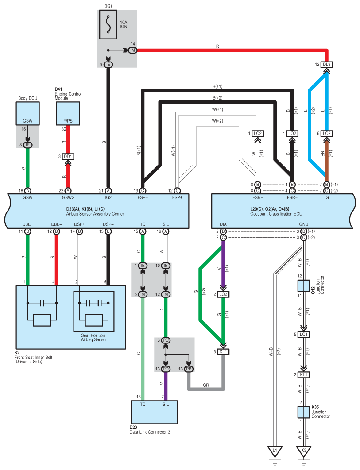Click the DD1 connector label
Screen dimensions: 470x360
(x=68, y=156)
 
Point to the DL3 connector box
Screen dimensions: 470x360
(x=326, y=64)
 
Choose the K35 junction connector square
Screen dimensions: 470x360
(x=303, y=412)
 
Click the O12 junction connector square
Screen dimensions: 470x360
(x=303, y=285)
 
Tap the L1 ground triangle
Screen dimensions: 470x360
(x=275, y=451)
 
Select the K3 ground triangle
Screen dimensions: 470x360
(x=303, y=451)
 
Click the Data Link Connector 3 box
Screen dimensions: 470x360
(x=154, y=412)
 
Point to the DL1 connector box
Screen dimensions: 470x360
(x=224, y=352)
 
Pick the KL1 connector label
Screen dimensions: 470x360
(x=303, y=375)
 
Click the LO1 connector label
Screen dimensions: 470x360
(x=303, y=334)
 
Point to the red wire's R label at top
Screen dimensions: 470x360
(x=217, y=46)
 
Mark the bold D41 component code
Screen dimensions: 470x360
(x=59, y=89)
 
